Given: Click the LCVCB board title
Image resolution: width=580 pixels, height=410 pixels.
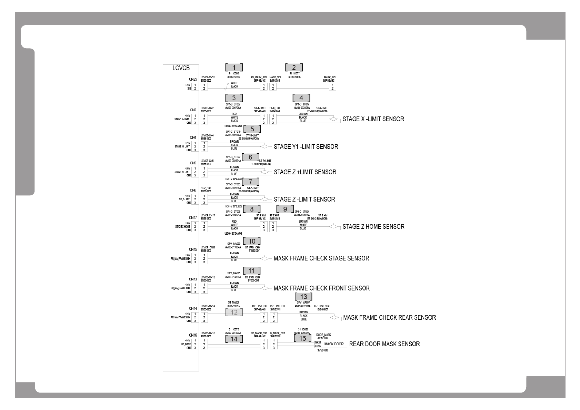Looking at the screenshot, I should [x=181, y=68].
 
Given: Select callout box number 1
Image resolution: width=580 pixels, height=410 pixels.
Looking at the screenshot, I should [x=234, y=68].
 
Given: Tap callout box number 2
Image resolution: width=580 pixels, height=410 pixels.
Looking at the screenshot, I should [x=294, y=68].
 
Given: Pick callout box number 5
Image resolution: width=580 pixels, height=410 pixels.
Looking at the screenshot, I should [x=252, y=129].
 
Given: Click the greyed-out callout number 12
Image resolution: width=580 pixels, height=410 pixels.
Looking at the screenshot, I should [x=234, y=312].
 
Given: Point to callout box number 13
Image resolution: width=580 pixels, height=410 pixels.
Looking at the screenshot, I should [x=303, y=297].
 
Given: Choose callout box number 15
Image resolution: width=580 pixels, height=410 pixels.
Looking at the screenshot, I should [x=302, y=338].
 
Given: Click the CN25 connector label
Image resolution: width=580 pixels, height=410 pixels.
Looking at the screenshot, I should [x=193, y=79].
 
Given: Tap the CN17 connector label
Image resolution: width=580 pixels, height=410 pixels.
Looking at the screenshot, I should [x=193, y=218].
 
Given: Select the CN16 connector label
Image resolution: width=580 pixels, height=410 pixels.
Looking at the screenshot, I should [x=193, y=335].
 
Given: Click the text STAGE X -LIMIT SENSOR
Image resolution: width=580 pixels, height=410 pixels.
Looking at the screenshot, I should [x=373, y=119].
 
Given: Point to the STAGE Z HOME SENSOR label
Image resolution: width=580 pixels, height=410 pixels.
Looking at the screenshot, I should [x=373, y=227].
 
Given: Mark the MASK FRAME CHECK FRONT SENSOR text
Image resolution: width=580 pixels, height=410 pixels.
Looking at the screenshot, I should [x=321, y=288].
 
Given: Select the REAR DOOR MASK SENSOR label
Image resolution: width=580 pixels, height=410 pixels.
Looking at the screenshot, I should [x=384, y=344].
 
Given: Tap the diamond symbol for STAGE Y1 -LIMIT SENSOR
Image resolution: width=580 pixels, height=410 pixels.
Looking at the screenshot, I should [x=266, y=146].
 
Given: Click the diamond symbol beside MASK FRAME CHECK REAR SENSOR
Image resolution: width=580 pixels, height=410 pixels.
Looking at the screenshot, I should [x=334, y=318].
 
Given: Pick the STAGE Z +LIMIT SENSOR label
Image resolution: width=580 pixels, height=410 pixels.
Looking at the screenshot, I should [x=305, y=172].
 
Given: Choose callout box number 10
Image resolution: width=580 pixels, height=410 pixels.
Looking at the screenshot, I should [x=252, y=241].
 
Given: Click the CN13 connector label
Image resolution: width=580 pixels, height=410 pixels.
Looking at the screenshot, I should [x=193, y=279].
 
